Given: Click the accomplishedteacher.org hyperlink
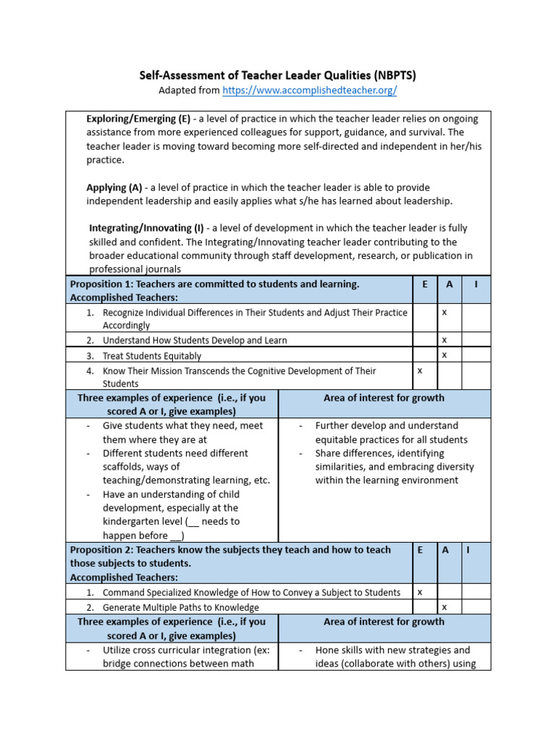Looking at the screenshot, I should point(309,90).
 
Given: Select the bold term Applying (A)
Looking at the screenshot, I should point(114,187).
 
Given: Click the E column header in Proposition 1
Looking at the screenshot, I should point(424,284).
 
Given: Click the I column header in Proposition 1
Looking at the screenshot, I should point(476,284).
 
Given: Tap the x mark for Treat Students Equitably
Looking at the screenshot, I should point(445,355).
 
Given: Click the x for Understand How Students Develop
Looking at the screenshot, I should point(445,339).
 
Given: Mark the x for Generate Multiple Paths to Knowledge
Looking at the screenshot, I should point(445,606).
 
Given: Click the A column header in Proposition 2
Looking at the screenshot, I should point(445,550).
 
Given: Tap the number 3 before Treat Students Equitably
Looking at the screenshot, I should point(90,356).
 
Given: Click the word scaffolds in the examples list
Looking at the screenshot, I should point(125,467).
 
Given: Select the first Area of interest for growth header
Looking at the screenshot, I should point(384,398).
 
